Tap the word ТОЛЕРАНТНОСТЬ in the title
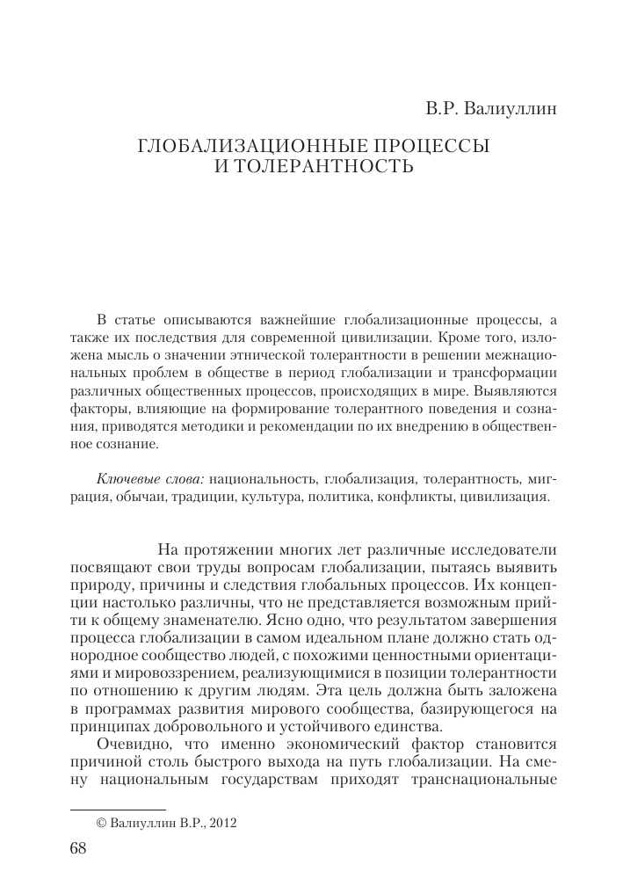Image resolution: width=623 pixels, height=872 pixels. [325, 165]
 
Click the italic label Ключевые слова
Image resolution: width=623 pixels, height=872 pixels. [149, 479]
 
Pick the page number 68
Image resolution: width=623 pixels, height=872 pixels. [78, 847]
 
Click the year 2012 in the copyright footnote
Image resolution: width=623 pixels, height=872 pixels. [223, 823]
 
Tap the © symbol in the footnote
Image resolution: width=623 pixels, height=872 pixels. [99, 823]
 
